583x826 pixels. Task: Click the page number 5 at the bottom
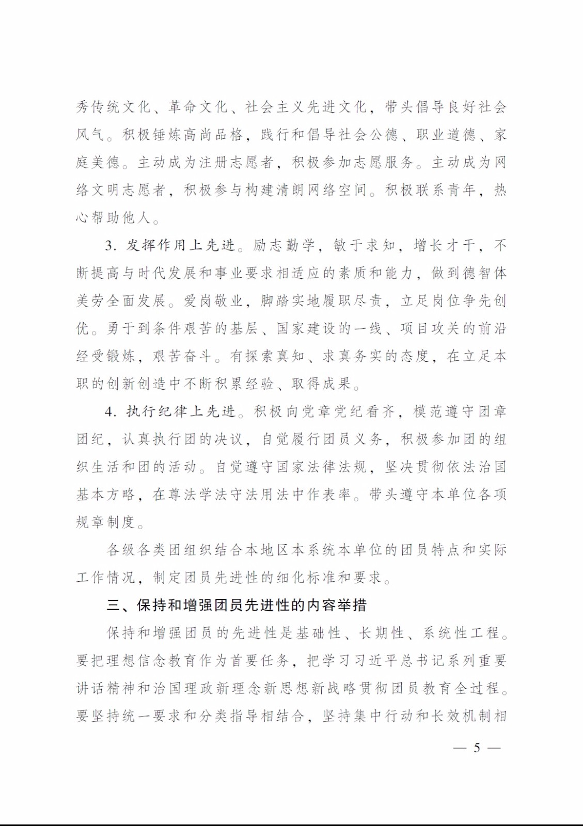point(477,747)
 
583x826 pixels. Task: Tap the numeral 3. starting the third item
point(111,246)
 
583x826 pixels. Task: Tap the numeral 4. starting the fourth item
point(111,412)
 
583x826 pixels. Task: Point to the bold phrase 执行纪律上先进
point(181,411)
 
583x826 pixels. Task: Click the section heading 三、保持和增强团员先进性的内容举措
point(237,605)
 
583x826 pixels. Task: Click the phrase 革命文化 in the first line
point(198,107)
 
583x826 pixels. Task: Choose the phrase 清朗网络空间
point(321,190)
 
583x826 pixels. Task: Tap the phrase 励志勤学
point(283,245)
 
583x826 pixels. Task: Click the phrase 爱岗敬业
point(213,300)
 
